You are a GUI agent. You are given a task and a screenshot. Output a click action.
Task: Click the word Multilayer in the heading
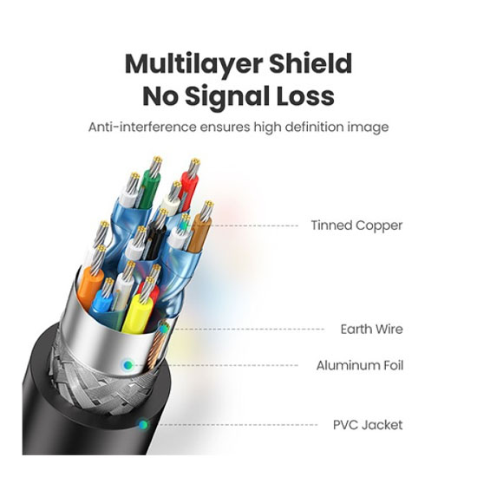193,64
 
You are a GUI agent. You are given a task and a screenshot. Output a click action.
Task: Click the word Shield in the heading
310,63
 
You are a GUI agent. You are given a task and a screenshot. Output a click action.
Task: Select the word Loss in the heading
305,95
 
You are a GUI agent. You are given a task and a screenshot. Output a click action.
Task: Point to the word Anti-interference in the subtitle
142,127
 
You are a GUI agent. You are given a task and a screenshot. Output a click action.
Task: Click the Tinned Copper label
356,225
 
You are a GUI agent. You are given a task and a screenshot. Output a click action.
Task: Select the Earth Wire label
371,329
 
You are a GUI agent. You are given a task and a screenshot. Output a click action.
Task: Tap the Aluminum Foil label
360,365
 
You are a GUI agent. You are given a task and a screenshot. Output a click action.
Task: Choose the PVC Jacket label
368,425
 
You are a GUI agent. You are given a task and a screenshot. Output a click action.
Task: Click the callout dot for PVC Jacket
143,424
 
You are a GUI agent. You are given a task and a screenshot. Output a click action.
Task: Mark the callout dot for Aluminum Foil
128,365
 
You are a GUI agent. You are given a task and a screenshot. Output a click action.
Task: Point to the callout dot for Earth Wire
164,329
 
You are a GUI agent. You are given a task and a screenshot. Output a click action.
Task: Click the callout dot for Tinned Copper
184,225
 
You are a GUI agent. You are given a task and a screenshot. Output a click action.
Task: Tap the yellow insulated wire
136,313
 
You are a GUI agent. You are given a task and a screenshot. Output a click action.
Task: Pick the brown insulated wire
199,232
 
